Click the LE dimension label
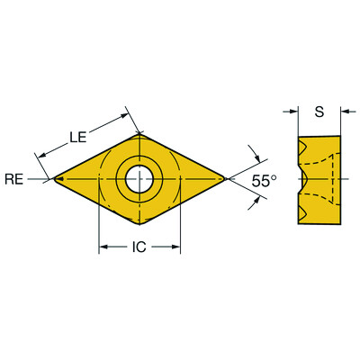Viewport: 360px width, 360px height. [78, 137]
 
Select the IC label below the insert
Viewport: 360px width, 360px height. [139, 246]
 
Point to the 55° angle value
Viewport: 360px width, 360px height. [265, 181]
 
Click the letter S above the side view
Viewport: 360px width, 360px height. [319, 112]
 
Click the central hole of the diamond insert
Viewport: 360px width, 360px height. [139, 179]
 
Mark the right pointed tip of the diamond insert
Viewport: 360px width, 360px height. [225, 180]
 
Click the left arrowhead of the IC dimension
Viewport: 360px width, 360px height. [103, 246]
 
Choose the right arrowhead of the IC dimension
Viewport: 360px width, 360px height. [176, 246]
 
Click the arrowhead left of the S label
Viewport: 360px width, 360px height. [293, 112]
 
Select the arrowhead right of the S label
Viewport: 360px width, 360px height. [346, 112]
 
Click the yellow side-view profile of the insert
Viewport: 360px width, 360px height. [319, 179]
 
